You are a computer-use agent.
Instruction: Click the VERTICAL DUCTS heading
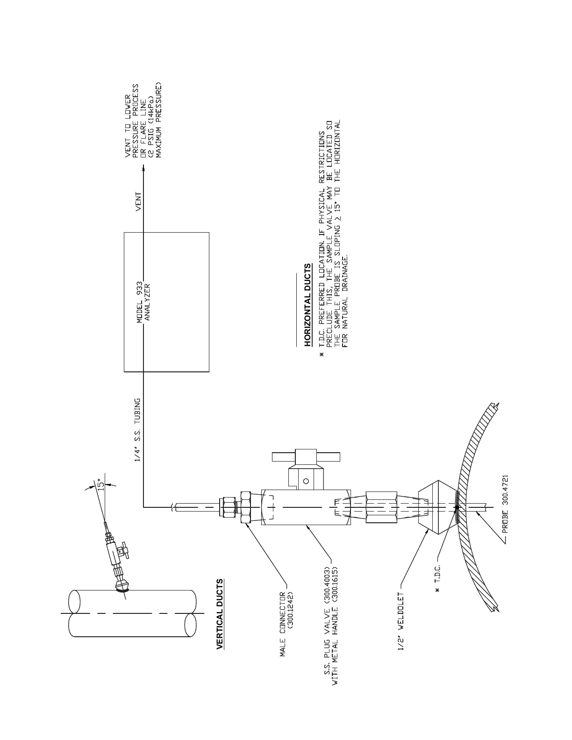(x=220, y=614)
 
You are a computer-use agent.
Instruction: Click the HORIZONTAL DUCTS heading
(x=307, y=305)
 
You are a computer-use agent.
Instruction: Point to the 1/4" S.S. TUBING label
(x=138, y=430)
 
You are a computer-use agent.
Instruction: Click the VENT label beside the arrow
(x=138, y=202)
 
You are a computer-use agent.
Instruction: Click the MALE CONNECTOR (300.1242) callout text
(x=286, y=624)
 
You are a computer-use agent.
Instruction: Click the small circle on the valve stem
(x=306, y=480)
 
